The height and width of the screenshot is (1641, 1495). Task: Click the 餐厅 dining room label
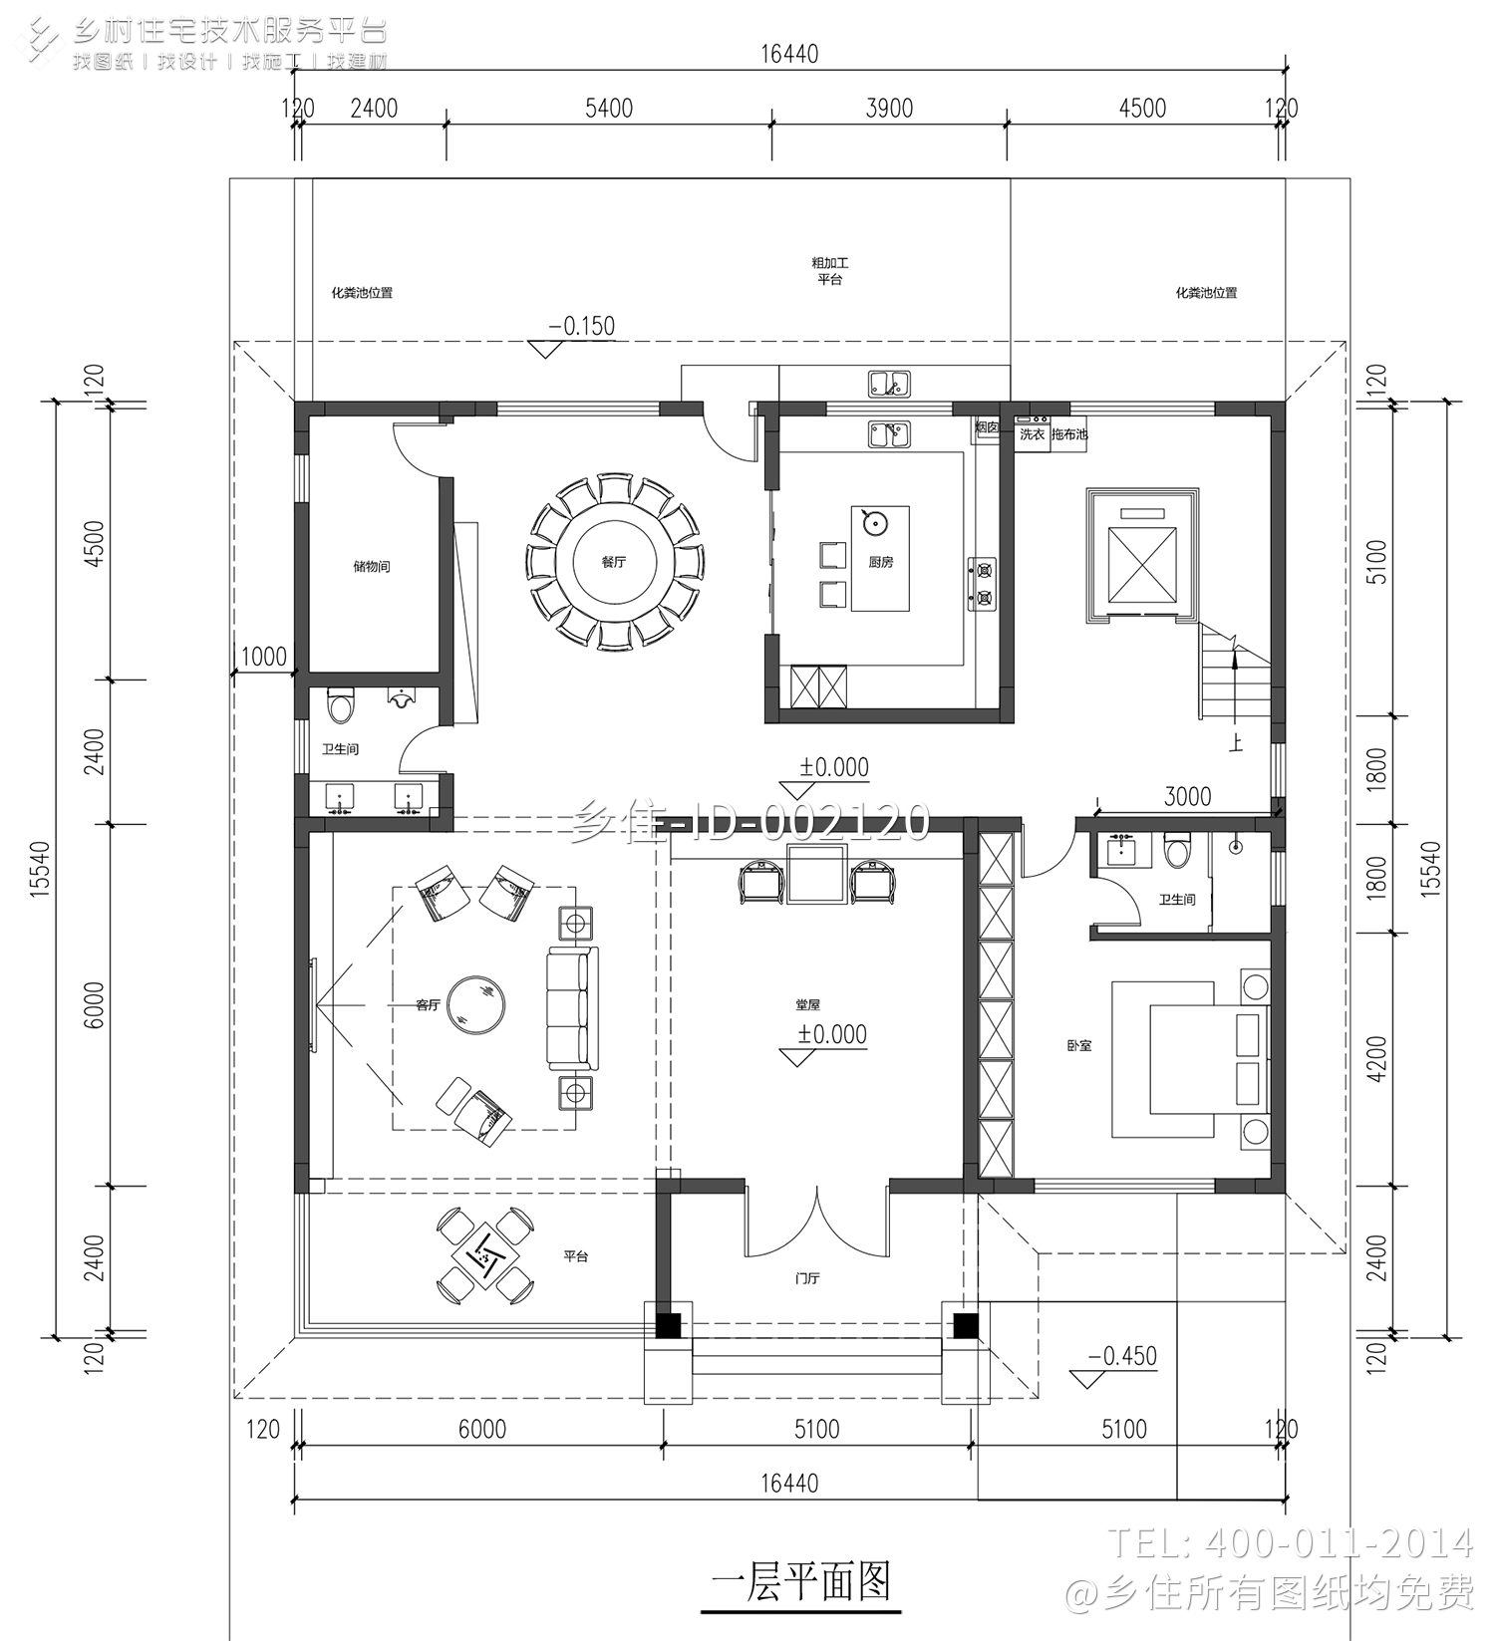coord(613,562)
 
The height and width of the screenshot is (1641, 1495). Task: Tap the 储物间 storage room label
coord(372,566)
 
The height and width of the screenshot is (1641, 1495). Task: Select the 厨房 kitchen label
coord(880,562)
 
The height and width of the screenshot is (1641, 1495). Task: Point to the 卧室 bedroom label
coord(1078,1045)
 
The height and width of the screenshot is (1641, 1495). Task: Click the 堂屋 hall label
coord(807,1004)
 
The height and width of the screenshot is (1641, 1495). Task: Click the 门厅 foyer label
coord(807,1277)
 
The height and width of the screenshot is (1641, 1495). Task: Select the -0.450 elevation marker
coord(1121,1356)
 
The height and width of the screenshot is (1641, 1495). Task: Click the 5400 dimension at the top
coord(608,109)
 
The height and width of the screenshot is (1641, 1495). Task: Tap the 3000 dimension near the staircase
coord(1187,796)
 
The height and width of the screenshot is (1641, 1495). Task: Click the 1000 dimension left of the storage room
coord(263,657)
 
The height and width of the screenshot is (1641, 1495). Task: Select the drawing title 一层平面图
coord(800,1582)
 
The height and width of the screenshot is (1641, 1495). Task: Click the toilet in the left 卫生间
coord(340,706)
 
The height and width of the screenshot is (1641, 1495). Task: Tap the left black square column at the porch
coord(668,1325)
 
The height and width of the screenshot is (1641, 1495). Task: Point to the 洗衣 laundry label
coord(1032,434)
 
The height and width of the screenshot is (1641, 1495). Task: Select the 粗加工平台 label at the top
coord(829,271)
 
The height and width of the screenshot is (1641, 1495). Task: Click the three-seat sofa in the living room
coord(572,1009)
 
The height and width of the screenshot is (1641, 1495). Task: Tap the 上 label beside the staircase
coord(1235,743)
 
